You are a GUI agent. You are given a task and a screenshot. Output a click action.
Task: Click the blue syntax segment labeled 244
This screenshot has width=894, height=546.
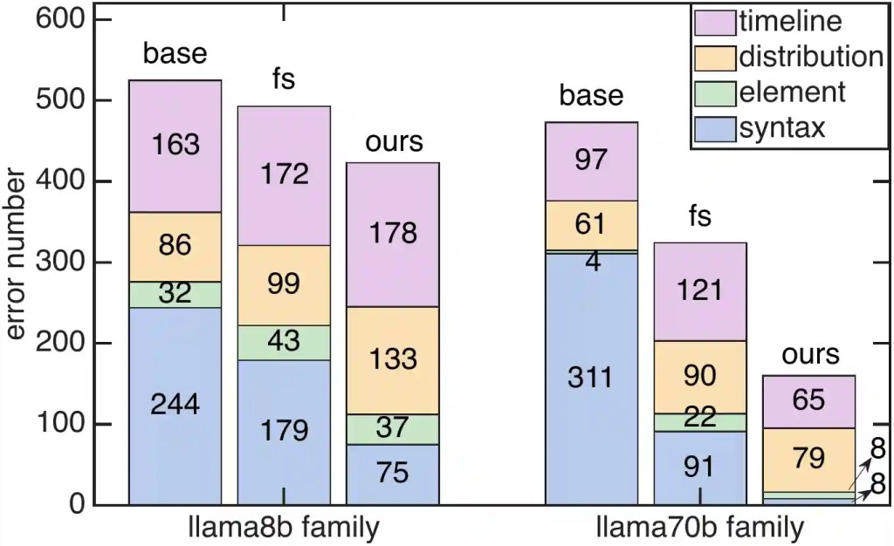coord(175,406)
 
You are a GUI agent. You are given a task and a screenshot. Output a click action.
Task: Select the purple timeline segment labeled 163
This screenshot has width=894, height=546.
coord(175,147)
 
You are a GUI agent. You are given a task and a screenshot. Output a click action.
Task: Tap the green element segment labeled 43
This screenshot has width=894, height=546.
coord(284,343)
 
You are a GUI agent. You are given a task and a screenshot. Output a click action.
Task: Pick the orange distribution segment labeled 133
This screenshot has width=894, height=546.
coord(393,360)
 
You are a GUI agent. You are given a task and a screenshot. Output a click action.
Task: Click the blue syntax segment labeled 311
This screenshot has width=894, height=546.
coord(591,379)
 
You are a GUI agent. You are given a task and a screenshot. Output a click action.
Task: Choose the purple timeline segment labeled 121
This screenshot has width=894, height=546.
coord(700,291)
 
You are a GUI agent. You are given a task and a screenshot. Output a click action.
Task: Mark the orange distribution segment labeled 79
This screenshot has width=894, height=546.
coord(809,460)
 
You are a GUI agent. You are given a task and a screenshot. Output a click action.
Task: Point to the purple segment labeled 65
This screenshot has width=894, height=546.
coord(809,401)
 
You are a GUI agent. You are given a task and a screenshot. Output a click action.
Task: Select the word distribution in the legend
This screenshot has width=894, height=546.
coord(811,57)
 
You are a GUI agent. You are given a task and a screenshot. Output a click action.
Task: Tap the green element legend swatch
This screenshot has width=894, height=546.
coord(715,94)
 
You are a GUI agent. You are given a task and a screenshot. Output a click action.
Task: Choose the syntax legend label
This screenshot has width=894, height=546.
coord(782,128)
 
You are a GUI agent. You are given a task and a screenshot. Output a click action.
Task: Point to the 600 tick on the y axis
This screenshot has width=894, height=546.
coord(60,19)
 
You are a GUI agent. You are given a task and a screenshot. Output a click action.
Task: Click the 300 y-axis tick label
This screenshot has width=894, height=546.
coord(60,263)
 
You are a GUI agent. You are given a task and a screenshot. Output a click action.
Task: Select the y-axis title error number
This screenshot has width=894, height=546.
coord(15,254)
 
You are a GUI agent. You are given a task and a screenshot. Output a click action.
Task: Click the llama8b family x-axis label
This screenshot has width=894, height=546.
coord(284,527)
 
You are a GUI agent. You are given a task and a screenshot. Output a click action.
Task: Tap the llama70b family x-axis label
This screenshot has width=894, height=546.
coord(700,527)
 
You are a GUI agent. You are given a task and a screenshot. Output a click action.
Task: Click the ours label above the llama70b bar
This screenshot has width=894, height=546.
coord(810,355)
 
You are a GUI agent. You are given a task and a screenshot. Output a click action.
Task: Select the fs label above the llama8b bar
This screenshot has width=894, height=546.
coord(284,78)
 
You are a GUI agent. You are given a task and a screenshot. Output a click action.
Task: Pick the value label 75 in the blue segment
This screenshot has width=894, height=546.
coord(393,473)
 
